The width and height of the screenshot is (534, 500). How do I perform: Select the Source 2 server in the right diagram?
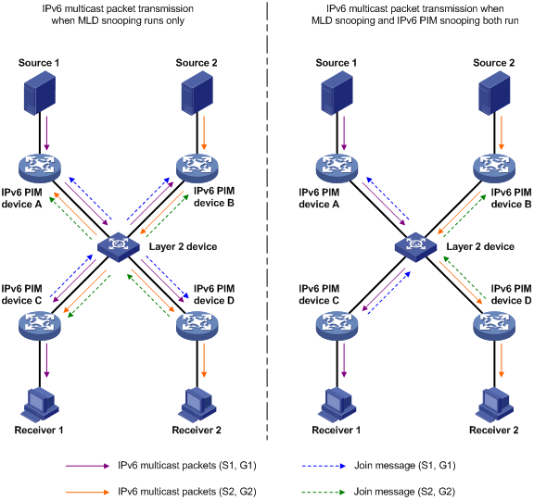click(x=494, y=93)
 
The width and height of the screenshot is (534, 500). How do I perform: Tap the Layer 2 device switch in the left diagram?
click(x=118, y=247)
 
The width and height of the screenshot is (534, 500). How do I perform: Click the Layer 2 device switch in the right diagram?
click(x=415, y=247)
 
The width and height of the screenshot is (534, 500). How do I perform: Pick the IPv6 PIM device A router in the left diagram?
click(x=40, y=168)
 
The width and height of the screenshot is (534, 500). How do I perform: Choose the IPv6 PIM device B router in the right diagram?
click(x=494, y=168)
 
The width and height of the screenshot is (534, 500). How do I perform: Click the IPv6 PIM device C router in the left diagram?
click(x=40, y=326)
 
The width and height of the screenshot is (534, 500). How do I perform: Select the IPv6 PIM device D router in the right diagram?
click(x=494, y=326)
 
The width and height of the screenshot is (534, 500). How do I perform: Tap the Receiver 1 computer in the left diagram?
click(x=40, y=405)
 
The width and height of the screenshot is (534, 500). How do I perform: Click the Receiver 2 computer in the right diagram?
click(x=494, y=405)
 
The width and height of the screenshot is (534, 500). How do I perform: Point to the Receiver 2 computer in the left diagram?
click(x=197, y=405)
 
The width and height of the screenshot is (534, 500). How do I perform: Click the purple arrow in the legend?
click(x=87, y=466)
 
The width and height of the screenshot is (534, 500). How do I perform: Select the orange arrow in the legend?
click(x=87, y=492)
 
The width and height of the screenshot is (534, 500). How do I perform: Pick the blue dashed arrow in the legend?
click(x=324, y=466)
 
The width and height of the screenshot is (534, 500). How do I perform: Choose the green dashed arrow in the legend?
click(x=324, y=492)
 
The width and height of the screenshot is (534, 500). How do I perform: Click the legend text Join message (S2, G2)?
click(x=404, y=492)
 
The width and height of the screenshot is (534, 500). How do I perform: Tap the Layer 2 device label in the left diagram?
click(x=183, y=246)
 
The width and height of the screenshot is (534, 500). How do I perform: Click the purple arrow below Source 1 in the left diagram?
click(x=46, y=133)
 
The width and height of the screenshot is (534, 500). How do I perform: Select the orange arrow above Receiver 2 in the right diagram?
click(x=502, y=360)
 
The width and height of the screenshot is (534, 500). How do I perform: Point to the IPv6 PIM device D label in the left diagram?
click(x=214, y=294)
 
